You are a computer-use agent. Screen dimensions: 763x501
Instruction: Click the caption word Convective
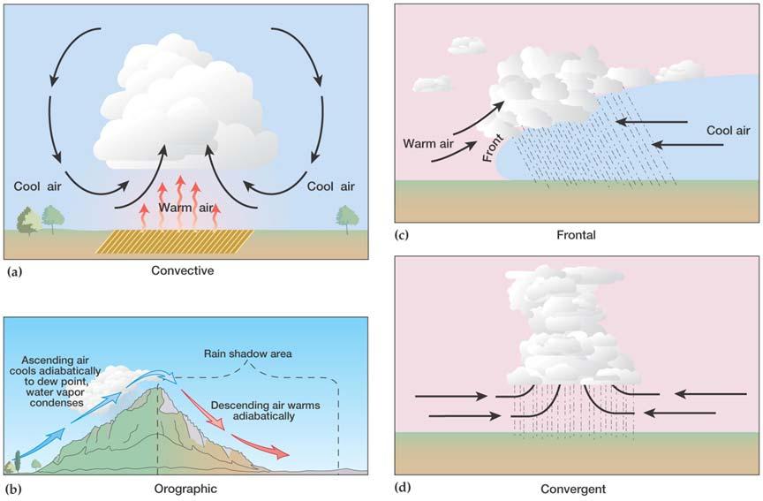183,270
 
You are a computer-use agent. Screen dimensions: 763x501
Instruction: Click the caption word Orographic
185,489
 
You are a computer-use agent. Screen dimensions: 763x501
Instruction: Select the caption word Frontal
576,235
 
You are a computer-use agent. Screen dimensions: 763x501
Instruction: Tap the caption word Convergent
573,489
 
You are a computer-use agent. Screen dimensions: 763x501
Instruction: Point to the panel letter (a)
15,271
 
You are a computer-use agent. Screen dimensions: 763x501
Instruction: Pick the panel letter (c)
402,236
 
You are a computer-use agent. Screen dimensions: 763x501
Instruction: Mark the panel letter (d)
404,488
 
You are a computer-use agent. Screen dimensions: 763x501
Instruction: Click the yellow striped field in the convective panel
175,241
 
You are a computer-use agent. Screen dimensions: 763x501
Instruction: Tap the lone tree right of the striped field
347,219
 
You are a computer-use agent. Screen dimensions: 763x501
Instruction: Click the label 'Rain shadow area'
247,353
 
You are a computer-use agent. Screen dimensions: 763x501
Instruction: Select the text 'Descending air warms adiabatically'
265,411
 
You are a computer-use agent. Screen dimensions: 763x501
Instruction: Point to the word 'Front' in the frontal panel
493,148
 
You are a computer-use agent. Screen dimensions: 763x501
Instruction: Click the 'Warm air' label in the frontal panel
428,144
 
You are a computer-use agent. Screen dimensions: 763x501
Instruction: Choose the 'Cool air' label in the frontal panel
728,130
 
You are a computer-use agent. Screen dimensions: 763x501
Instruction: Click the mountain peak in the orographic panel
158,388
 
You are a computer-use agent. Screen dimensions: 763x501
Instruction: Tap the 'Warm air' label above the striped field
186,208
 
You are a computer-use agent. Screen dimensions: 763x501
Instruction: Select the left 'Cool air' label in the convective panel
37,186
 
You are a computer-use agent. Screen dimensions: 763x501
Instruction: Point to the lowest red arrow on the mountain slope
261,447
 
